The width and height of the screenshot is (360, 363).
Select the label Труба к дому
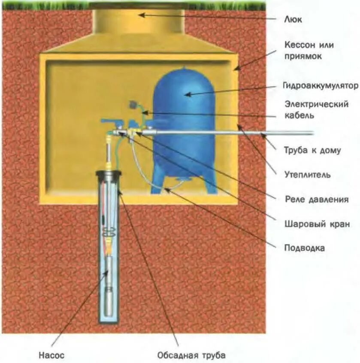coord(312,150)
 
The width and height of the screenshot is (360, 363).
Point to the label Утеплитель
coord(307,175)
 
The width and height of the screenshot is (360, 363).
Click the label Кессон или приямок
coord(309,50)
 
